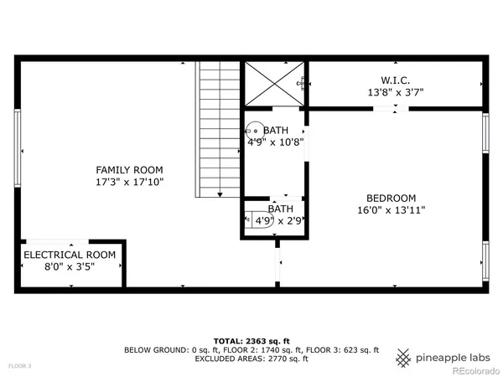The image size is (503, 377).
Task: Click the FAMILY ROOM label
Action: tap(129, 169)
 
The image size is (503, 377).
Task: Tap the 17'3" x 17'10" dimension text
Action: tap(129, 181)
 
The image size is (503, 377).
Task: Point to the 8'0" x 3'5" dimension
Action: tap(70, 266)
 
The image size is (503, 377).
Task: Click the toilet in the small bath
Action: tap(251, 219)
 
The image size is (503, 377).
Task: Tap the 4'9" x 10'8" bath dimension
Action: tap(276, 142)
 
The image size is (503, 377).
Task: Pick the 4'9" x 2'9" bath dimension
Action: tap(276, 221)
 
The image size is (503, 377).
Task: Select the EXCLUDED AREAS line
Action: tap(251, 359)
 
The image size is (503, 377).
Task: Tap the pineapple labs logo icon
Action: tap(404, 358)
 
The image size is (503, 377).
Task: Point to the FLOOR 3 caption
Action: tap(20, 366)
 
